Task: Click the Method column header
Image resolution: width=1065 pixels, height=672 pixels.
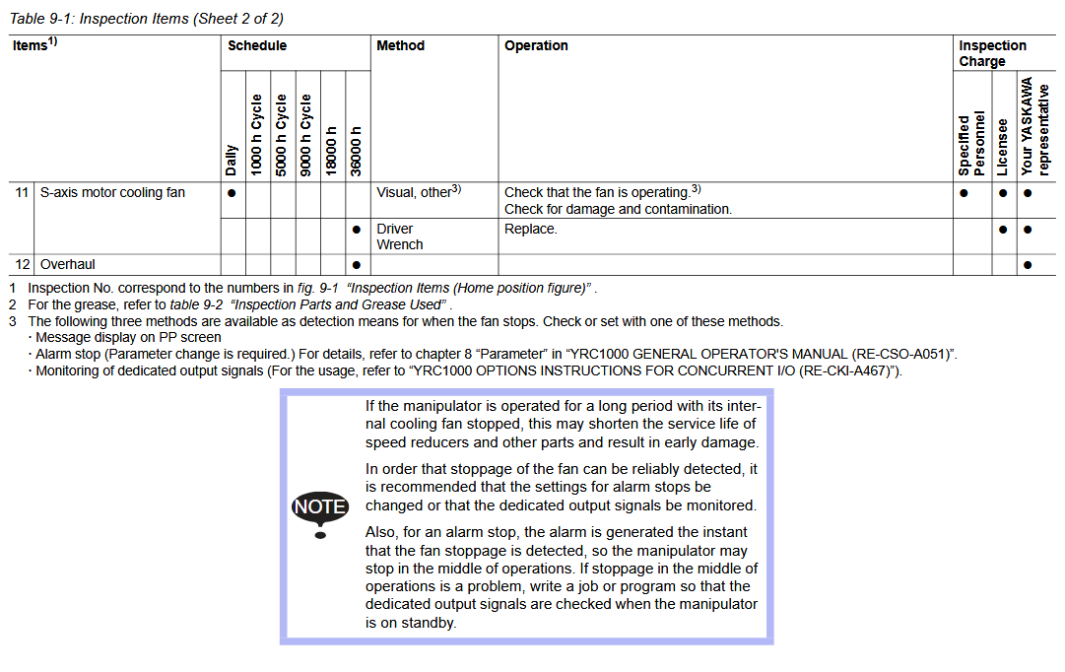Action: coord(400,45)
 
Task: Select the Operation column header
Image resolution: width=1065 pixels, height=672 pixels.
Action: coord(536,45)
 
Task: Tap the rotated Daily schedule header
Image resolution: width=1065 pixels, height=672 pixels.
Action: coord(232,160)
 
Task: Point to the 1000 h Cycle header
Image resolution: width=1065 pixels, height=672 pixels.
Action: coord(257,135)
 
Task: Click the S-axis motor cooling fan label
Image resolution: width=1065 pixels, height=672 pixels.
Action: coord(112,192)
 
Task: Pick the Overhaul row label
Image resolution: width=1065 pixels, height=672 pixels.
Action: coord(68,264)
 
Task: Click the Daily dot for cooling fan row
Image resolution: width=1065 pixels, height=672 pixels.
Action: coord(232,193)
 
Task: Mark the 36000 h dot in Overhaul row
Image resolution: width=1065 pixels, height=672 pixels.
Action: coord(356,265)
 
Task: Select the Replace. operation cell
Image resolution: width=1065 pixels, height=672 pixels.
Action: coord(531,229)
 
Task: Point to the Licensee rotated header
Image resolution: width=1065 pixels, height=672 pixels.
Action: coord(1002,147)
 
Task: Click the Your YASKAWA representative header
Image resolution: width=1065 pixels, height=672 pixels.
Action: coord(1034,127)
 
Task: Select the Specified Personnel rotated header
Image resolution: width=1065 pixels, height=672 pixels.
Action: coord(971,143)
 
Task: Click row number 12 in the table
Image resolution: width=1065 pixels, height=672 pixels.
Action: coord(22,264)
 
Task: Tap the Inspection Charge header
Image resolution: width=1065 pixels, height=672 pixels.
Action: coord(992,53)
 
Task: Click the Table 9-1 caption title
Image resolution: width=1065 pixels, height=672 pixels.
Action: coord(147,19)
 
